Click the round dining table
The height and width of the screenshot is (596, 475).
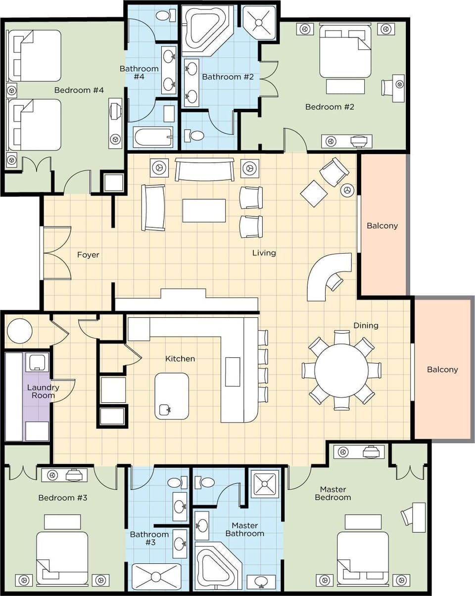[x=341, y=370]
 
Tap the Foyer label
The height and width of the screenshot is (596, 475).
[x=88, y=255]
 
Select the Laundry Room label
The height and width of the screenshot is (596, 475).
[x=43, y=391]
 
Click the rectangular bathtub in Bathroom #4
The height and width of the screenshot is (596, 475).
[x=153, y=136]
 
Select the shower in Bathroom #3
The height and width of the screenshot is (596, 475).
[x=156, y=576]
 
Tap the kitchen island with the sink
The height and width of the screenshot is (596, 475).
[x=171, y=396]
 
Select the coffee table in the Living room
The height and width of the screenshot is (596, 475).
[x=204, y=211]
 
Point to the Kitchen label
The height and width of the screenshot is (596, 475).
[x=180, y=358]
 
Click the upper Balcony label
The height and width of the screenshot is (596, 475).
[x=382, y=226]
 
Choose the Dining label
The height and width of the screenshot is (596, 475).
[x=366, y=325]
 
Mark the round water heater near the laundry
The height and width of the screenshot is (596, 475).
[x=20, y=331]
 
